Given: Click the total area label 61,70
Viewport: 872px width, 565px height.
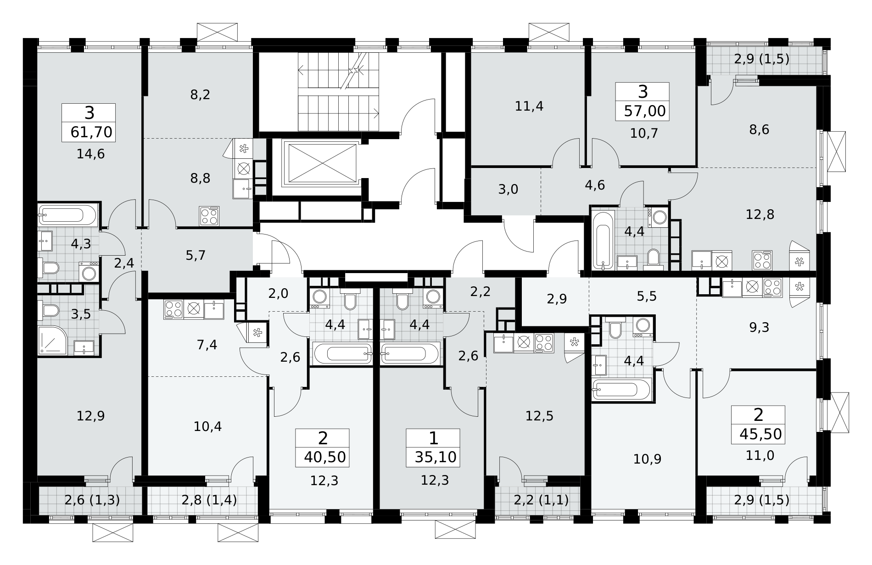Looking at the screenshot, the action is pyautogui.click(x=91, y=132).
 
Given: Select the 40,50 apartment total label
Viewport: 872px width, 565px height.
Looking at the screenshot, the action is pyautogui.click(x=324, y=458).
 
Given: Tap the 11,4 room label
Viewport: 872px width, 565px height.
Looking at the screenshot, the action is pyautogui.click(x=529, y=106).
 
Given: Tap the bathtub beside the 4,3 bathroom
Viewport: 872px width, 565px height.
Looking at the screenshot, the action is pyautogui.click(x=67, y=214).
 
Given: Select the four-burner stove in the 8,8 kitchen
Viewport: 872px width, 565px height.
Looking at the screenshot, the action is pyautogui.click(x=209, y=216).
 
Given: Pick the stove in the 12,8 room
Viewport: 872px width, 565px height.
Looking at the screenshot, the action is pyautogui.click(x=762, y=260).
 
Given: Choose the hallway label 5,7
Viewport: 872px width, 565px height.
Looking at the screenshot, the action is pyautogui.click(x=196, y=255).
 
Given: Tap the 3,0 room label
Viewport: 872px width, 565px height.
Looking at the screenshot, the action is pyautogui.click(x=508, y=189).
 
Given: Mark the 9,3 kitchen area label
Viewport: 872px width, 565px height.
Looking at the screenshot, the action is pyautogui.click(x=760, y=327).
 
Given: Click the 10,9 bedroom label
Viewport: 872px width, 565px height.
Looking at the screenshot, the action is pyautogui.click(x=647, y=459).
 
